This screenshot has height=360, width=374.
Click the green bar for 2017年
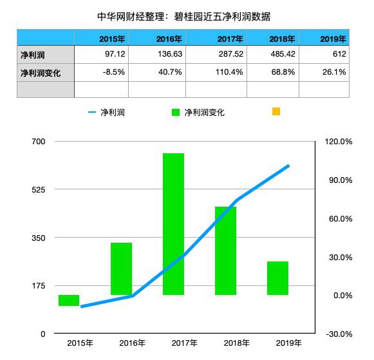pyautogui.click(x=173, y=224)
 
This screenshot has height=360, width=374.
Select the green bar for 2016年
pyautogui.click(x=121, y=269)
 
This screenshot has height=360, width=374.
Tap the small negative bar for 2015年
pyautogui.click(x=69, y=300)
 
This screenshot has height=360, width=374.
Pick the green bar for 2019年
pyautogui.click(x=277, y=278)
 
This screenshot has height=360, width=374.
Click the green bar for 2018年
pyautogui.click(x=225, y=251)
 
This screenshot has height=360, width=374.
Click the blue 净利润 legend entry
pyautogui.click(x=106, y=112)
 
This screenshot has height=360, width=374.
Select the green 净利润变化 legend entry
pyautogui.click(x=198, y=112)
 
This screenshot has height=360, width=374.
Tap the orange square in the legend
pyautogui.click(x=276, y=111)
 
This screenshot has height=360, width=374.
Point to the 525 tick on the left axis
pyautogui.click(x=39, y=189)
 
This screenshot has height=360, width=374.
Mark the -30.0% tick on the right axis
pyautogui.click(x=337, y=334)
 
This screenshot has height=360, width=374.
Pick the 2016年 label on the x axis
pyautogui.click(x=133, y=343)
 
